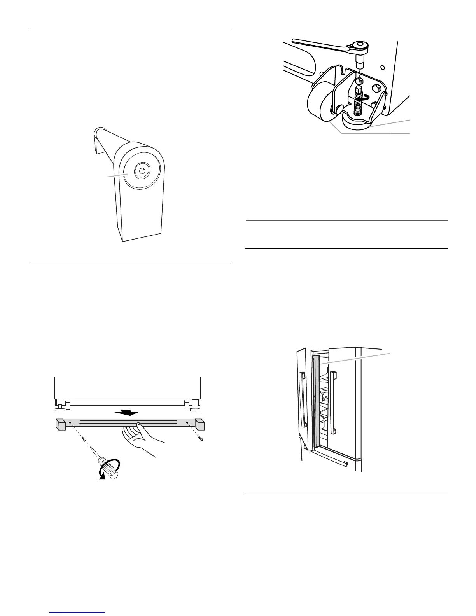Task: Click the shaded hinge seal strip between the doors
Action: (317, 401)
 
